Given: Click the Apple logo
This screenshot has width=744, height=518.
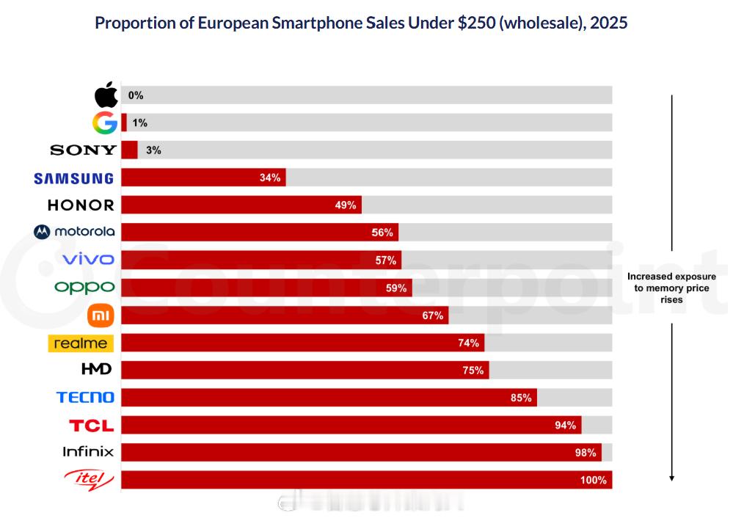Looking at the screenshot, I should [106, 95].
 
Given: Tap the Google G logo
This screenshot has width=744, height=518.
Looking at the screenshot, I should [105, 123].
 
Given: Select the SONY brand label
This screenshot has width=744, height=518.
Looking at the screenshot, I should [83, 150].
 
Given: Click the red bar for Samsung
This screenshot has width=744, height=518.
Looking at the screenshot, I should [203, 178].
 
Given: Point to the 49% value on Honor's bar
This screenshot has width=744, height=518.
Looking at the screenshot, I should [346, 205].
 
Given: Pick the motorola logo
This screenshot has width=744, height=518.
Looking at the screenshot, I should [74, 232].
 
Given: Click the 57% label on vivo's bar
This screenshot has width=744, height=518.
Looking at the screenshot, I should [385, 260].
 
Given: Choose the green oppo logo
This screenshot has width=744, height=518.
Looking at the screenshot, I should [84, 287].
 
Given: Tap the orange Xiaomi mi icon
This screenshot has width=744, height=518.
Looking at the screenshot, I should [101, 315].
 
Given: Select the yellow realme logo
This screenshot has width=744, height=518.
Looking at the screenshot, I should [81, 343].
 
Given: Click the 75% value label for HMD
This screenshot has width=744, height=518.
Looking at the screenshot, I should [473, 371].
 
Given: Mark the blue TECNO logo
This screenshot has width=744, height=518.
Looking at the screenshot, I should [85, 397].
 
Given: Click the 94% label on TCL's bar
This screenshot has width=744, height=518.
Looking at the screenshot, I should [566, 426].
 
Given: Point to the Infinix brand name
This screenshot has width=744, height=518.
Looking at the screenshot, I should [88, 452].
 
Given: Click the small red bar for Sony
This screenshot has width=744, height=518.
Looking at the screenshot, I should [129, 150].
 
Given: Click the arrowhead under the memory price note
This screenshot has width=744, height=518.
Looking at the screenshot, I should [671, 478].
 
